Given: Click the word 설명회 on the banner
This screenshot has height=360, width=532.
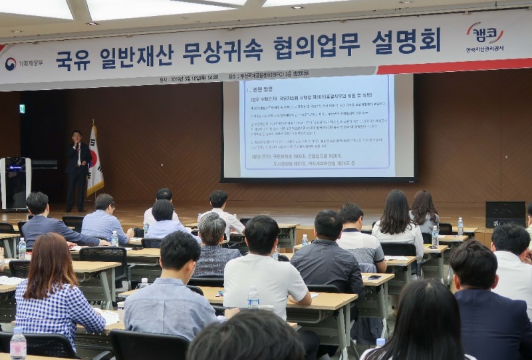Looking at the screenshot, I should click(406, 41).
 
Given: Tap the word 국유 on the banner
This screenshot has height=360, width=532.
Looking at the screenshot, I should click(74, 61).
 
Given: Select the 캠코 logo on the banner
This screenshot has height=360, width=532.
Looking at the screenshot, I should click(485, 33).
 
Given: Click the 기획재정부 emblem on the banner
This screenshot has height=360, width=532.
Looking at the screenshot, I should click(11, 64).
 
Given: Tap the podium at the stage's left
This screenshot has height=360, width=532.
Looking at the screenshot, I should click(15, 182).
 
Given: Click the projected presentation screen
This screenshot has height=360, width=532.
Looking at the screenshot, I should click(317, 127).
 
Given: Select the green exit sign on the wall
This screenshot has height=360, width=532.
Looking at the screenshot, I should click(22, 108).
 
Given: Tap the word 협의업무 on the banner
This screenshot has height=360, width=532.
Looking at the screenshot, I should click(322, 46).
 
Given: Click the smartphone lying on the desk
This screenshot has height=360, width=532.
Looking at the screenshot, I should click(374, 277).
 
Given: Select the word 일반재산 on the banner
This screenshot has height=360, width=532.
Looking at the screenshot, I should click(137, 57).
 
